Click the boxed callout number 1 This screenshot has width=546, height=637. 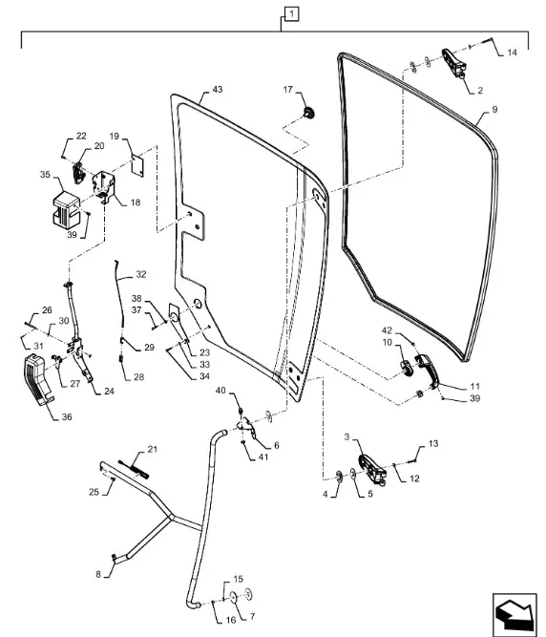(291, 14)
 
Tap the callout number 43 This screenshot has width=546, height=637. (218, 90)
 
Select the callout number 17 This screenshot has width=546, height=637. (288, 90)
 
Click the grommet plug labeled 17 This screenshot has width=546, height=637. (309, 112)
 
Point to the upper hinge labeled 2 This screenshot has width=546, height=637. (453, 62)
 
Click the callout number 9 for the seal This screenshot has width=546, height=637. (494, 109)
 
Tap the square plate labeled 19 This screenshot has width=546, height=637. (138, 165)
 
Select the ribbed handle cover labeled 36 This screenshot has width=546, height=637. (38, 379)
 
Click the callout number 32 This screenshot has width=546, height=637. (141, 274)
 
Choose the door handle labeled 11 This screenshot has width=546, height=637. (427, 371)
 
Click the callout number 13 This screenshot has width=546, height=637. (433, 443)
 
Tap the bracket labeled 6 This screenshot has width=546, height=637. (246, 429)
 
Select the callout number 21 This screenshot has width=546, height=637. (152, 449)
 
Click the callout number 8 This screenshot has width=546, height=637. (98, 574)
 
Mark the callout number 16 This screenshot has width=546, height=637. (231, 620)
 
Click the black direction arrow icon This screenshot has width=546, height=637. (514, 615)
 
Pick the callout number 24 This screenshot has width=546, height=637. (109, 392)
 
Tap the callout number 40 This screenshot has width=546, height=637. (220, 391)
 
